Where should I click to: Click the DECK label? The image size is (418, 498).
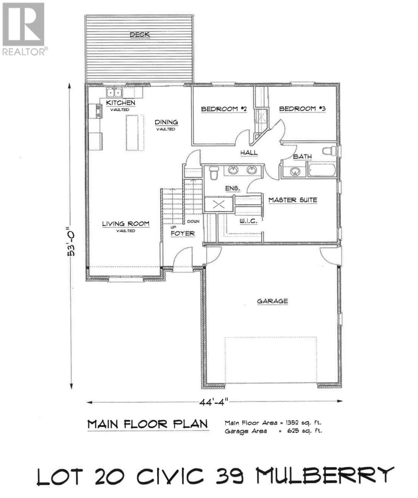click(x=139, y=35)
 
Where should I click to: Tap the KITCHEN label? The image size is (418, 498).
click(x=120, y=103)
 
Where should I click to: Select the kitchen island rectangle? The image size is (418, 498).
click(x=133, y=133)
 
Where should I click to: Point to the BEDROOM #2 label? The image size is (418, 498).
click(x=224, y=109)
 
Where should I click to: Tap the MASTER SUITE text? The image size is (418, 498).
click(x=292, y=200)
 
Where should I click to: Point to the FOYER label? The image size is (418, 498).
click(x=183, y=234)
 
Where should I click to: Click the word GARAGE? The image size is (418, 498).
click(x=272, y=301)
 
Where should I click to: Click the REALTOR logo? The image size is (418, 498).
click(x=24, y=29)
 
